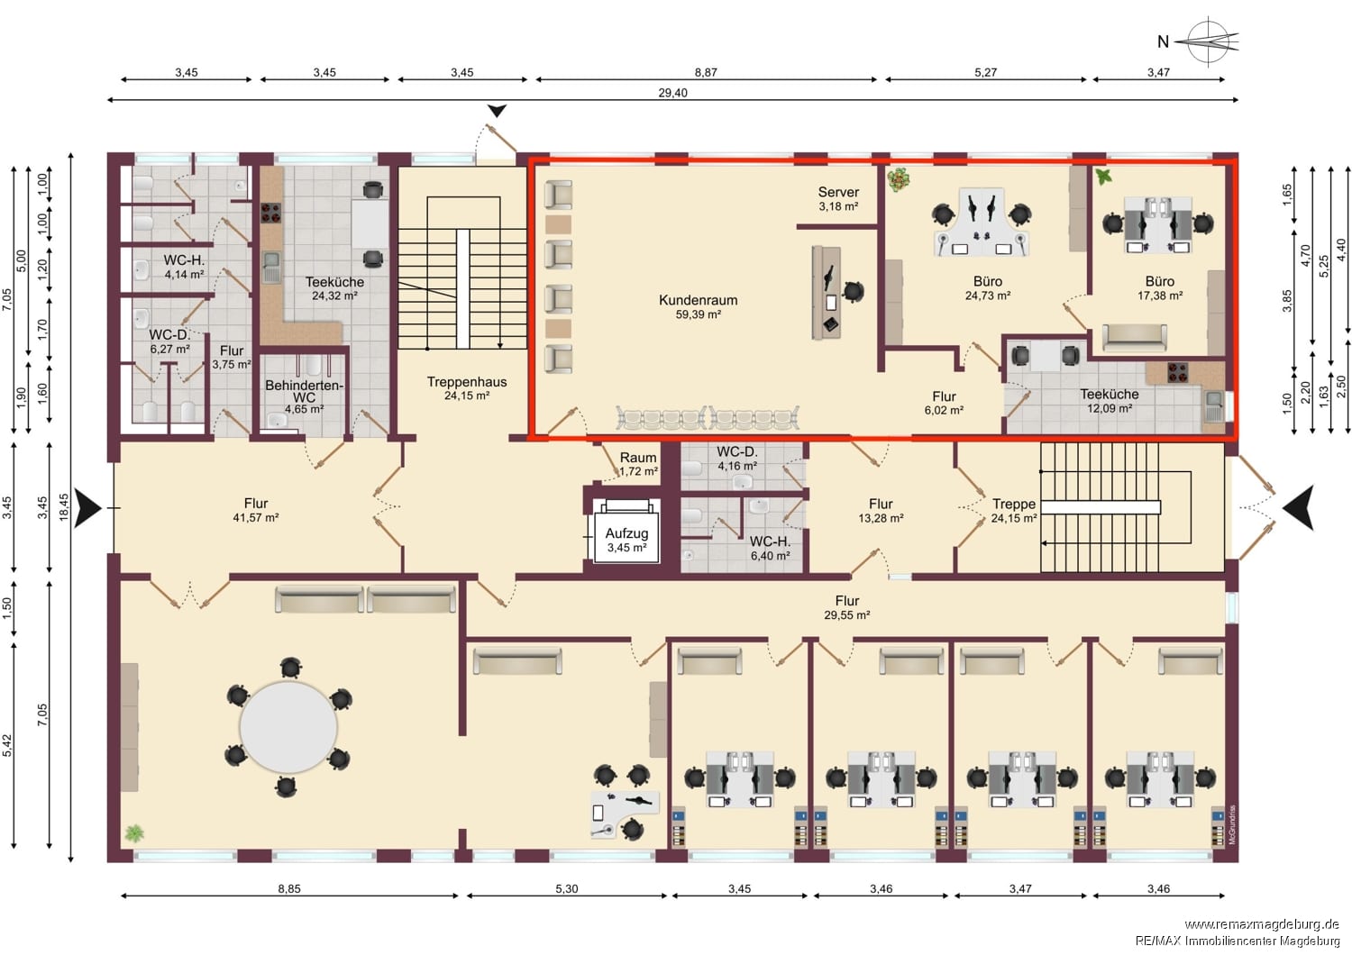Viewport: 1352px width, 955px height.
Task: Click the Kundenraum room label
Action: tap(698, 306)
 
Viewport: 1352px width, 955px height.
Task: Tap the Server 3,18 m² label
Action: tap(838, 198)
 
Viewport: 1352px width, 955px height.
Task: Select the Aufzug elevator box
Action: tap(626, 539)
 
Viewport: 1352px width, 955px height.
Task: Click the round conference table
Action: tap(288, 726)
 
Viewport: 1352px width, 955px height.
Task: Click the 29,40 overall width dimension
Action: tap(672, 93)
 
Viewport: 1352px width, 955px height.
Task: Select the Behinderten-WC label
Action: tap(304, 396)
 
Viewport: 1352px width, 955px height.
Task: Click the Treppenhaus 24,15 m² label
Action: tap(466, 388)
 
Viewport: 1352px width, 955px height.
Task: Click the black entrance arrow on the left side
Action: tap(88, 507)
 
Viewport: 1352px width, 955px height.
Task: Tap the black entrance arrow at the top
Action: tap(498, 111)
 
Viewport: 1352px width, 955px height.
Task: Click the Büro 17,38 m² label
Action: tap(1159, 287)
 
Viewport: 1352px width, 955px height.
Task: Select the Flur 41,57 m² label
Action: tap(256, 510)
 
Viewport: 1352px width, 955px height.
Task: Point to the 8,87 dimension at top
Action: tap(706, 72)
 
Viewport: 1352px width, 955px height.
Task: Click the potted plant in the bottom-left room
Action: tap(134, 833)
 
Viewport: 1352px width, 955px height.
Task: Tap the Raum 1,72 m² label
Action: tap(638, 464)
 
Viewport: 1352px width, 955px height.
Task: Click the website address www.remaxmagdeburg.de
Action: tap(1261, 924)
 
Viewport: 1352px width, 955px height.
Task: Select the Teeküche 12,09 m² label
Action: tap(1109, 401)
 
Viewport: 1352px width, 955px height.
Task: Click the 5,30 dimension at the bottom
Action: tap(566, 888)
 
